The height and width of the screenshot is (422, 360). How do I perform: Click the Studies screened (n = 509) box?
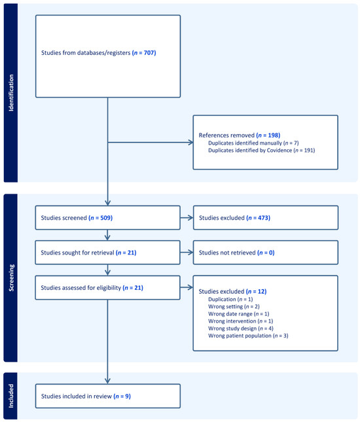pyautogui.click(x=107, y=217)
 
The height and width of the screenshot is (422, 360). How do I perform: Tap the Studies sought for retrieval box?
pyautogui.click(x=107, y=252)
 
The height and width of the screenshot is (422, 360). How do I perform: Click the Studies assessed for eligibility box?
pyautogui.click(x=107, y=286)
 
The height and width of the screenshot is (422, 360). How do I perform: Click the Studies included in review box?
pyautogui.click(x=107, y=396)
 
